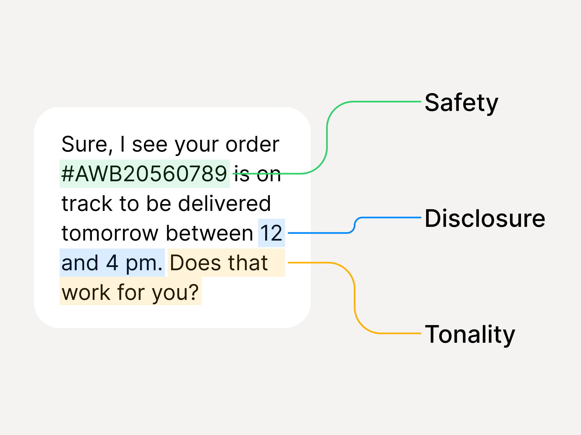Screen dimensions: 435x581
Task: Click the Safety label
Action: [x=461, y=103]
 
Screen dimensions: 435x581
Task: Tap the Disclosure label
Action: [x=485, y=219]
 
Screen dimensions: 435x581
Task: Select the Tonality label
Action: [x=470, y=334]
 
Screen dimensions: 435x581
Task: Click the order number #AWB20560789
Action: [x=144, y=174]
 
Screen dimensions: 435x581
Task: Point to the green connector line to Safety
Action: [x=327, y=137]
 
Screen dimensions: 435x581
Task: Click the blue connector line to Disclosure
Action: [x=319, y=233]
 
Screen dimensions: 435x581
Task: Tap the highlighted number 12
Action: [x=271, y=233]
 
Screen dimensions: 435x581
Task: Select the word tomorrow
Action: [x=110, y=233]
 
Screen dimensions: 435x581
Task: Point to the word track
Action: [x=87, y=203]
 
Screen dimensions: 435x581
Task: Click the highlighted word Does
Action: [x=196, y=263]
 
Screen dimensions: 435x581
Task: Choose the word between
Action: [x=209, y=233]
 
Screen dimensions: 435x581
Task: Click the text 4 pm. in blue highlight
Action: [x=134, y=263]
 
